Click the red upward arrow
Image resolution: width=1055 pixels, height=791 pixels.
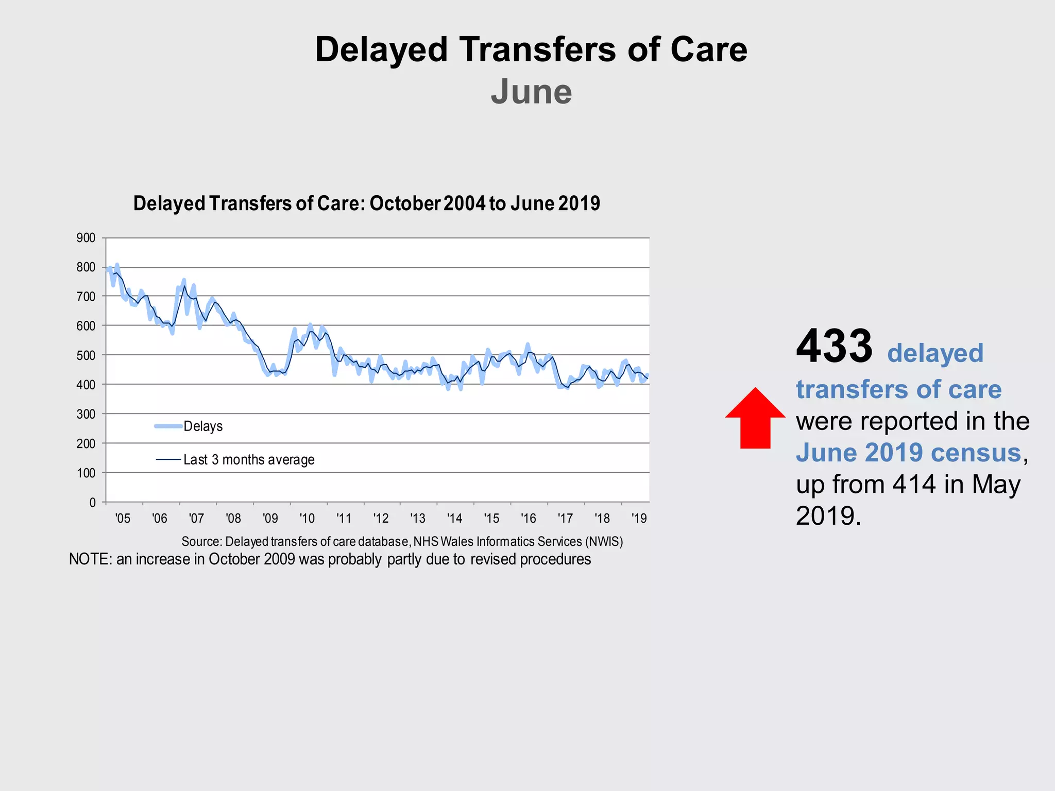(755, 418)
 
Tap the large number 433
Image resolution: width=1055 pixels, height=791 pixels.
(834, 346)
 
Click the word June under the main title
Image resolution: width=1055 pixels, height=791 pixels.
(531, 92)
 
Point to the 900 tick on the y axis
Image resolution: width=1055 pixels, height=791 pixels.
(86, 238)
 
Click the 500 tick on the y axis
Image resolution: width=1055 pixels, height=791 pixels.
(86, 355)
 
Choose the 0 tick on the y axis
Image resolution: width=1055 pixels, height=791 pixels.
(92, 503)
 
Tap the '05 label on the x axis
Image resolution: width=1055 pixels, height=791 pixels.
(123, 518)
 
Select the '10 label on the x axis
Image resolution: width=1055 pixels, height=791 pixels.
(307, 518)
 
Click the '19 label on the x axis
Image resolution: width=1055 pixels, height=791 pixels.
(639, 518)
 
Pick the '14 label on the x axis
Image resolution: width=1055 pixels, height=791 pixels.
(454, 518)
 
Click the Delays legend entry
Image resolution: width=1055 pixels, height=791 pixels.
(203, 426)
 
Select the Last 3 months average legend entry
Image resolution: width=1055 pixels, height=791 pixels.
(249, 459)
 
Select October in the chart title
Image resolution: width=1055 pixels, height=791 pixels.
(405, 203)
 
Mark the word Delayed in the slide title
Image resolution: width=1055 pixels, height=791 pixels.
(381, 50)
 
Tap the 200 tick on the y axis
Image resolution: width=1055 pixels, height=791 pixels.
(86, 443)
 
